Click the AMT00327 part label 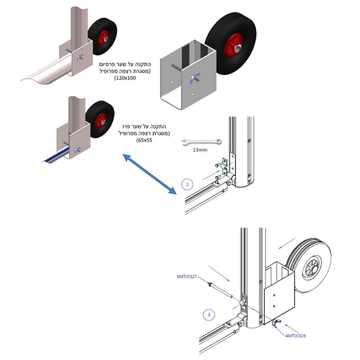[187, 277]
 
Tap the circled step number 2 [188, 184]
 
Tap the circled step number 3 [208, 313]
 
